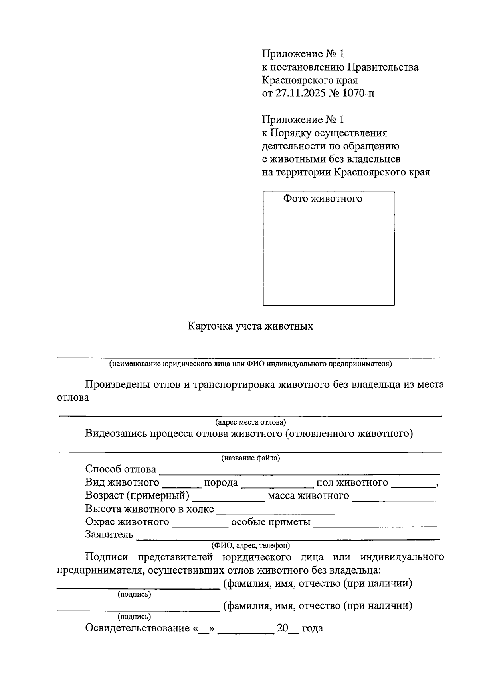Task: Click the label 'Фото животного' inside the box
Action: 323,199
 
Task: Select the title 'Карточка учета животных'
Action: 250,326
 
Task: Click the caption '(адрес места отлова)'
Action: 250,422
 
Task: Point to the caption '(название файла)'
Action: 251,458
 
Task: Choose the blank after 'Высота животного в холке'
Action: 275,510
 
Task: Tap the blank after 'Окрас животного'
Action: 200,523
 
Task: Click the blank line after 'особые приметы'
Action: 375,523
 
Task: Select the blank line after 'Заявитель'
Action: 287,536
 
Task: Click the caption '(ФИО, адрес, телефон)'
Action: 250,545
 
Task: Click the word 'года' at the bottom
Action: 312,628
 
